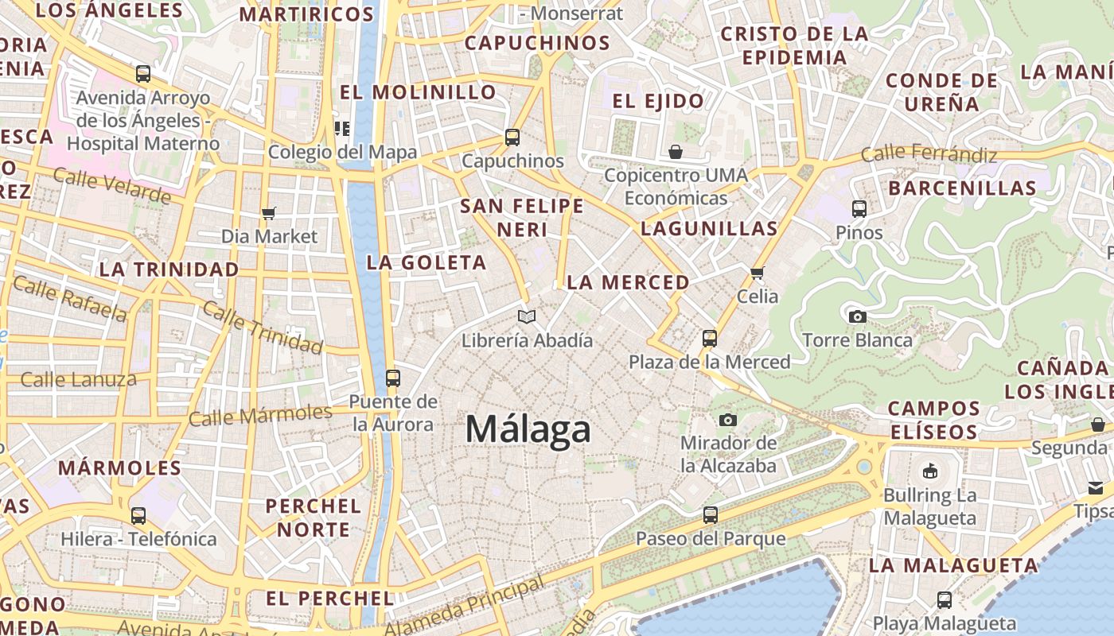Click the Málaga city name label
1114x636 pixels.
pyautogui.click(x=528, y=430)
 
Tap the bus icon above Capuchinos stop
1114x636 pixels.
pyautogui.click(x=512, y=138)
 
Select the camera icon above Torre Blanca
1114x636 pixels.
pyautogui.click(x=857, y=316)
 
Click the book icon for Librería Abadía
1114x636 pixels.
pyautogui.click(x=527, y=316)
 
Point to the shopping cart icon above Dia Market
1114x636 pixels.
pyautogui.click(x=268, y=213)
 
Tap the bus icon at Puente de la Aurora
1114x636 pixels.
pyautogui.click(x=392, y=378)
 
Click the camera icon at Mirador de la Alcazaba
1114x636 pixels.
pyautogui.click(x=727, y=420)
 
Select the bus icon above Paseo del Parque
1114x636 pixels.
pyautogui.click(x=711, y=515)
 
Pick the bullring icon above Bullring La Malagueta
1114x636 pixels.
pyautogui.click(x=929, y=471)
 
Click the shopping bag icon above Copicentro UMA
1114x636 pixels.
pyautogui.click(x=676, y=151)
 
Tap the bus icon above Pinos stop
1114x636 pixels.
pyautogui.click(x=859, y=209)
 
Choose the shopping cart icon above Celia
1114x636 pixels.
pyautogui.click(x=757, y=273)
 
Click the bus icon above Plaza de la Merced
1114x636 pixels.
pyautogui.click(x=710, y=339)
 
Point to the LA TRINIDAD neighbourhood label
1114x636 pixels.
pyautogui.click(x=169, y=270)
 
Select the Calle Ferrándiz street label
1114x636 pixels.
pyautogui.click(x=929, y=153)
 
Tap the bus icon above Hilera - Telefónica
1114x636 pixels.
pyautogui.click(x=138, y=515)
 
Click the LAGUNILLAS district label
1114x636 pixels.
pyautogui.click(x=709, y=229)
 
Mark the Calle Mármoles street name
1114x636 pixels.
pyautogui.click(x=260, y=415)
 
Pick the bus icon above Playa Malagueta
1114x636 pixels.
pyautogui.click(x=945, y=599)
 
